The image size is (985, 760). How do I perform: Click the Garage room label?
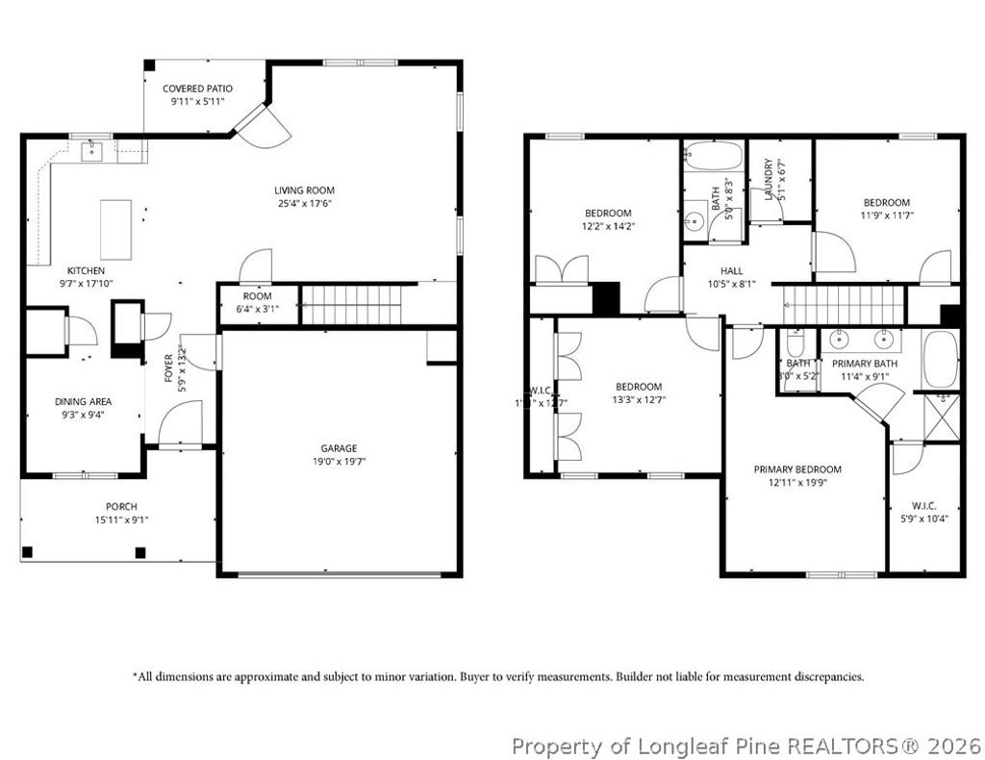pyautogui.click(x=339, y=448)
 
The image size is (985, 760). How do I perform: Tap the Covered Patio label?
pyautogui.click(x=197, y=89)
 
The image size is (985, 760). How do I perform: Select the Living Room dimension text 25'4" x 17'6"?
pyautogui.click(x=303, y=203)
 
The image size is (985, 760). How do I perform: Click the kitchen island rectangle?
pyautogui.click(x=116, y=229)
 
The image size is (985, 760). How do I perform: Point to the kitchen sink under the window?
pyautogui.click(x=92, y=150)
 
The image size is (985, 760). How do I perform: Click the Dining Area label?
pyautogui.click(x=83, y=401)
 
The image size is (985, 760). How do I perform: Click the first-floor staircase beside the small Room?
pyautogui.click(x=351, y=304)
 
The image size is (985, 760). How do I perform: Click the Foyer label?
pyautogui.click(x=169, y=369)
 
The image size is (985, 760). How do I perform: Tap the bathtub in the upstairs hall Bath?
pyautogui.click(x=714, y=156)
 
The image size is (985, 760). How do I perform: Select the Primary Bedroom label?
pyautogui.click(x=797, y=469)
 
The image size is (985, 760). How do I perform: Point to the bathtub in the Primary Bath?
pyautogui.click(x=940, y=359)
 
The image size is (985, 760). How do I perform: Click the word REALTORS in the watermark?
pyautogui.click(x=846, y=746)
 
